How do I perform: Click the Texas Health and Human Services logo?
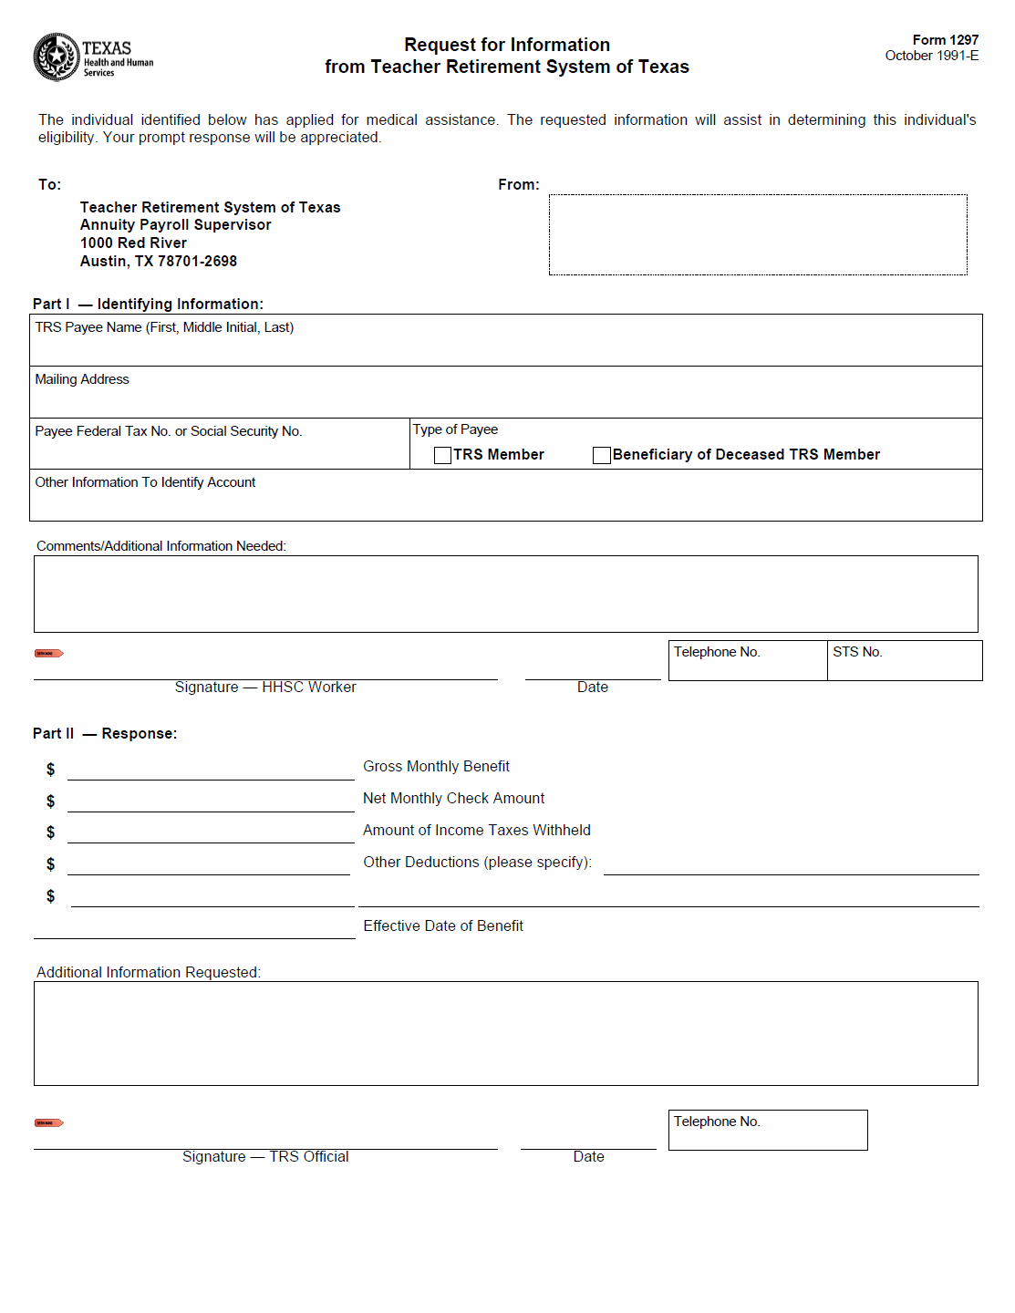92,57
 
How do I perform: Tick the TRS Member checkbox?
443,455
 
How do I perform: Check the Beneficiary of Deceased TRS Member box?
602,455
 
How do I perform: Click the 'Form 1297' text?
945,40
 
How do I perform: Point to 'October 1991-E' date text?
931,56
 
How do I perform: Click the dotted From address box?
757,234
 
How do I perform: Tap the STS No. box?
904,661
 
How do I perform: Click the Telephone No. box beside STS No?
747,661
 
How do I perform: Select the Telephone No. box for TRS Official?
767,1131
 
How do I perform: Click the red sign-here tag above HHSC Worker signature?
48,653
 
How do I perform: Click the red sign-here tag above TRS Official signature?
48,1122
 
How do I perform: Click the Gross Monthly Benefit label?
436,767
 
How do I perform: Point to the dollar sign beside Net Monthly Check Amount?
51,801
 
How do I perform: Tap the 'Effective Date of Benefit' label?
443,926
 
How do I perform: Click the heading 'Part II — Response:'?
105,734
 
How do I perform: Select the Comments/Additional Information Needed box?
505,594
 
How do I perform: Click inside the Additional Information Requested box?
505,1034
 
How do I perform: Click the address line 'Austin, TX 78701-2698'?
159,262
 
